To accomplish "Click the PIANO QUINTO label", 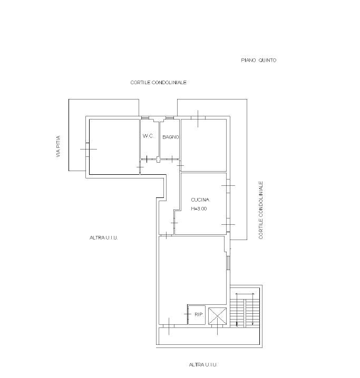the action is coord(258,60).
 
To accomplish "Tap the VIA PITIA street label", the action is coord(58,146).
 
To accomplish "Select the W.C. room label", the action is coord(148,136).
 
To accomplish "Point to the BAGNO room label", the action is coord(171,137).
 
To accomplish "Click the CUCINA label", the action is coord(200,200).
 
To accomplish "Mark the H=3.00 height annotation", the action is coord(199,209).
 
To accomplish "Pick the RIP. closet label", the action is coord(199,315).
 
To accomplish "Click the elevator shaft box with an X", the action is coord(217,316).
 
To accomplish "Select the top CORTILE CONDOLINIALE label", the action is coord(158,83).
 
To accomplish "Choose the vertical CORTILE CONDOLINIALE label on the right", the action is coord(261,210).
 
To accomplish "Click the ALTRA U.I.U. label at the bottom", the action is coord(203,365).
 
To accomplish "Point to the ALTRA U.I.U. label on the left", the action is coord(103,237).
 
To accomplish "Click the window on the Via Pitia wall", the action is coord(87,149).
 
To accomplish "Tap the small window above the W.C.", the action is coord(145,118).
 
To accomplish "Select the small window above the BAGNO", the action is coord(170,118).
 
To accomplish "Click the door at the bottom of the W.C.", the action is coord(147,159).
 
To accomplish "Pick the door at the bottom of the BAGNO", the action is coord(172,159).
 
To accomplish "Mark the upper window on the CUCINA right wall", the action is coord(228,186).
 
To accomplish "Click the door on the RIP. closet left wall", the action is coord(188,314).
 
